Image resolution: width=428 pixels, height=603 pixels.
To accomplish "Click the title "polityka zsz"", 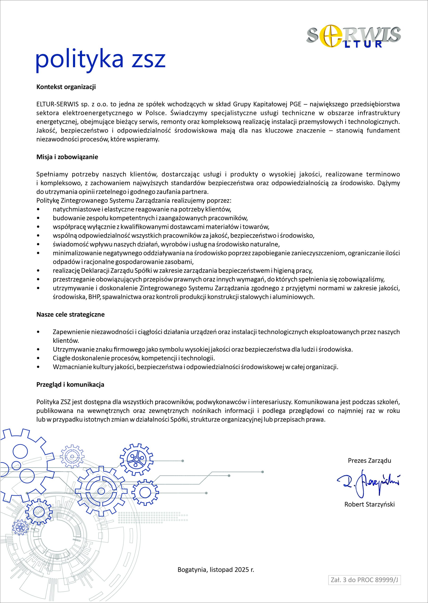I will point(100,60).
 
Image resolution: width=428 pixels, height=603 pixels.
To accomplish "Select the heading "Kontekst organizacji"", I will point(66,87).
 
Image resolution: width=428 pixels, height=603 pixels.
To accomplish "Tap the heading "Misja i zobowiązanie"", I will point(67,157).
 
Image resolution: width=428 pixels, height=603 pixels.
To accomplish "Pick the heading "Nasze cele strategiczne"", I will point(70,315).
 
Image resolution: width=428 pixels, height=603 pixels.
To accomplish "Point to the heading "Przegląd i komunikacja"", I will point(70,385).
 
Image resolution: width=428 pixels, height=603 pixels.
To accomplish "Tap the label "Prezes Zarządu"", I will point(370,460).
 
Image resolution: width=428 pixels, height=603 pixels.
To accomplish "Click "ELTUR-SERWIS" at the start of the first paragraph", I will point(57,104).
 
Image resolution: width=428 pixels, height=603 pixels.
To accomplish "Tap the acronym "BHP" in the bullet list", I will point(94,297).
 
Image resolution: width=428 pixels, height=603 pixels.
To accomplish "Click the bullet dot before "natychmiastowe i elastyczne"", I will point(39,210).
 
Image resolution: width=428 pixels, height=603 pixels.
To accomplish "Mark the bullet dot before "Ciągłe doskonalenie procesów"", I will point(39,358).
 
